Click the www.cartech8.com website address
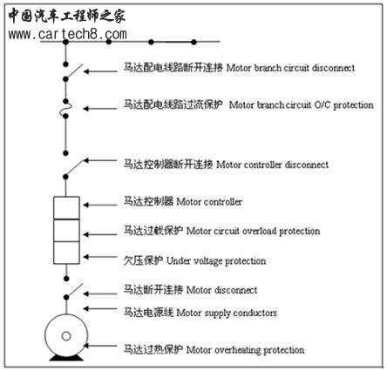pos(67,35)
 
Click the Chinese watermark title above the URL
pos(66,16)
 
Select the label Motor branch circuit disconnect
pos(290,68)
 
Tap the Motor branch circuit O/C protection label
pos(302,105)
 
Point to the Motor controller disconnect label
pos(273,165)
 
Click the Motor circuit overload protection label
pos(253,231)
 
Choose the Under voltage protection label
pos(216,261)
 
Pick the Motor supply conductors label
pos(227,313)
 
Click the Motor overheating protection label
pos(245,350)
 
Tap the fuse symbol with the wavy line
pos(65,109)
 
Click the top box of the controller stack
pos(66,208)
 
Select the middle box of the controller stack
pos(66,231)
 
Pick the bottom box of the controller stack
pos(66,253)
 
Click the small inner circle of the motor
pos(66,336)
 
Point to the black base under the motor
pos(66,358)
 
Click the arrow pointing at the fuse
pos(100,109)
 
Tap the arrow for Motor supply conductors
pos(100,308)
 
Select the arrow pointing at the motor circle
pos(100,346)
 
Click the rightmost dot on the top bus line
pos(193,42)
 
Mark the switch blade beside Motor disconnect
pos(75,291)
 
